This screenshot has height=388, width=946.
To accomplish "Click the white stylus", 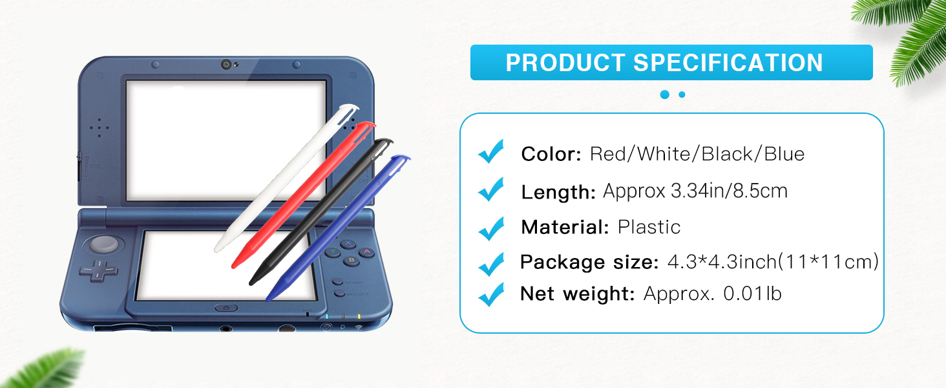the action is [x=286, y=178].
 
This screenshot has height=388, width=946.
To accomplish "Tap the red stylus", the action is [x=303, y=195].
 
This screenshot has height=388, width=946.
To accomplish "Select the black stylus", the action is [x=321, y=211].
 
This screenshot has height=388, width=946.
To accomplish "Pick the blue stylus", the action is [x=338, y=228].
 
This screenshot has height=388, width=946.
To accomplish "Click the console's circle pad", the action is [x=103, y=244].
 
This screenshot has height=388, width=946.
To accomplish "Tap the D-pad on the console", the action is [x=98, y=270].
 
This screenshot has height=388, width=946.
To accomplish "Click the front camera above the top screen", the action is [x=226, y=65].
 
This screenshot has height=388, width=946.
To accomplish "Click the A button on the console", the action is [x=366, y=252].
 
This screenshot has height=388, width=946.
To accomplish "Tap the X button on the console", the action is [x=348, y=243].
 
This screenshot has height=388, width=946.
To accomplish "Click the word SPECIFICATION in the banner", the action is [x=728, y=63].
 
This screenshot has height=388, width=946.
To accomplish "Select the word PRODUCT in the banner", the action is [x=565, y=63].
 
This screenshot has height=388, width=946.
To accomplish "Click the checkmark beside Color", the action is [x=491, y=151].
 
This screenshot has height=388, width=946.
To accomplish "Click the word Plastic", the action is [x=649, y=227].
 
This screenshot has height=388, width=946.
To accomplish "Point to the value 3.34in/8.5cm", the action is [x=730, y=191].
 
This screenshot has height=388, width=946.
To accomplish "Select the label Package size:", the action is [x=589, y=263].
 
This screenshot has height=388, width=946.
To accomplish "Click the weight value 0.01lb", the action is [x=753, y=294].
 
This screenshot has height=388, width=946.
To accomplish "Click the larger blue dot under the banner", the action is [x=665, y=94].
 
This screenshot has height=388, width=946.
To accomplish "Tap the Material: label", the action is [x=565, y=227].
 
